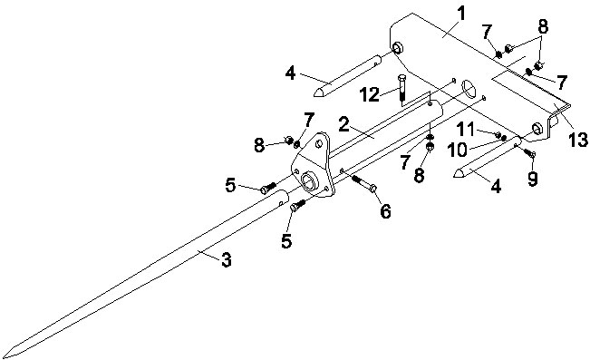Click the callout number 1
[x=461, y=14]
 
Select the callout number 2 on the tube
[x=343, y=124]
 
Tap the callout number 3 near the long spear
[x=227, y=260]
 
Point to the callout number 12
[x=369, y=94]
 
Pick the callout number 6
[x=386, y=211]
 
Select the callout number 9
[x=532, y=179]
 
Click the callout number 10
[x=458, y=150]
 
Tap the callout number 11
[x=466, y=130]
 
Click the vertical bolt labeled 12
[x=401, y=89]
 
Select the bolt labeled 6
[x=364, y=183]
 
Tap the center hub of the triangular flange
[x=311, y=180]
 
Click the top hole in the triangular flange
[x=319, y=143]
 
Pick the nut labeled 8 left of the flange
[x=289, y=141]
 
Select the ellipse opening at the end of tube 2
[x=469, y=89]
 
